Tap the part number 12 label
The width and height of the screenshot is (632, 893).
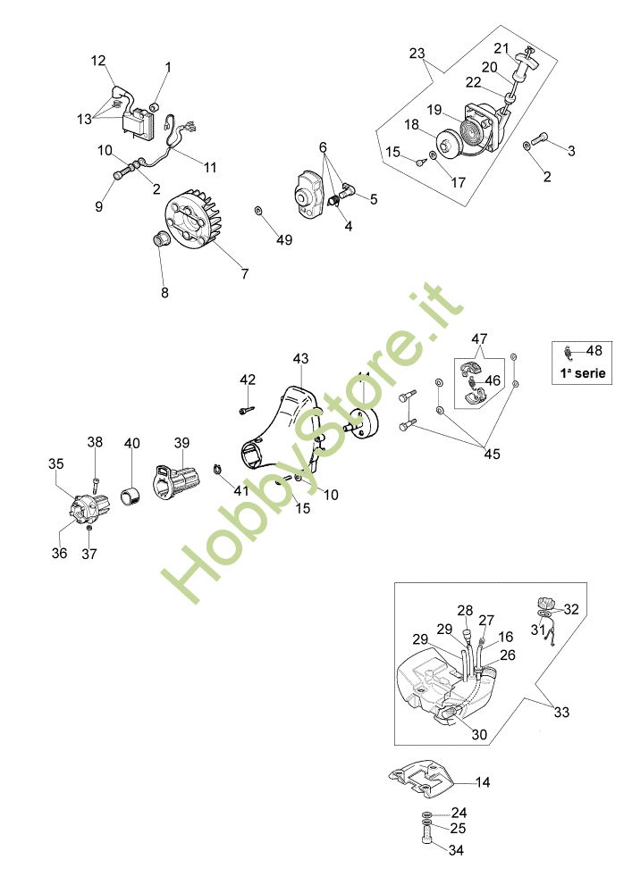(x=98, y=61)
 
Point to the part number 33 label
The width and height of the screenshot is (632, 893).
(x=561, y=712)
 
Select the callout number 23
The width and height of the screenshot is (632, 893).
(x=417, y=53)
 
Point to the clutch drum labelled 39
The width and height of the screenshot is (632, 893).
(x=177, y=483)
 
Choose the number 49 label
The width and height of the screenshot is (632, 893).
(x=284, y=239)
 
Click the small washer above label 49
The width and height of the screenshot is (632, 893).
(x=258, y=211)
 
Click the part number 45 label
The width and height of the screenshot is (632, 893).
(x=493, y=454)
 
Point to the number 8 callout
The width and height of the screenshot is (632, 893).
(x=164, y=291)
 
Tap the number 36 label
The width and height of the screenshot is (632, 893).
(x=59, y=553)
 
